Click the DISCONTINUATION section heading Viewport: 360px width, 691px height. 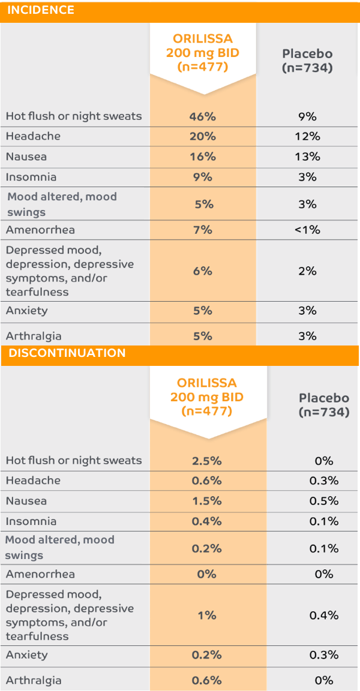66,353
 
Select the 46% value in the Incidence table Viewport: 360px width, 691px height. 203,116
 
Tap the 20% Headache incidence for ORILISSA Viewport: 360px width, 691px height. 203,137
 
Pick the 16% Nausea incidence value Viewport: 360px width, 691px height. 203,157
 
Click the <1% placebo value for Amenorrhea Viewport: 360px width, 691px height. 307,230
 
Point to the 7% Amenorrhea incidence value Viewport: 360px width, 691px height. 203,230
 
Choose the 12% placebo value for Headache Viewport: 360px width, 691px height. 307,137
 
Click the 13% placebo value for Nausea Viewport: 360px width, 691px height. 307,157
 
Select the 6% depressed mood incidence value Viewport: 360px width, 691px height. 203,271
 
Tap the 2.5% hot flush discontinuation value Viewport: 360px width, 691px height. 206,461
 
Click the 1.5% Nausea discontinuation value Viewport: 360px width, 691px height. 206,501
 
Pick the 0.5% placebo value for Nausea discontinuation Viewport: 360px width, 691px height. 324,501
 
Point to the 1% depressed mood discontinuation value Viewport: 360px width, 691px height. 207,615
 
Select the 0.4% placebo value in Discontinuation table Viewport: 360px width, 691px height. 324,615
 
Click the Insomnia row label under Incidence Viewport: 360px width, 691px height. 31,177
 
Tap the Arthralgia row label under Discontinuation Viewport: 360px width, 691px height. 34,680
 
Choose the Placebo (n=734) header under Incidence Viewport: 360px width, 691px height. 307,61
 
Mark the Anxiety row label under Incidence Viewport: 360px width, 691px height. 26,310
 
